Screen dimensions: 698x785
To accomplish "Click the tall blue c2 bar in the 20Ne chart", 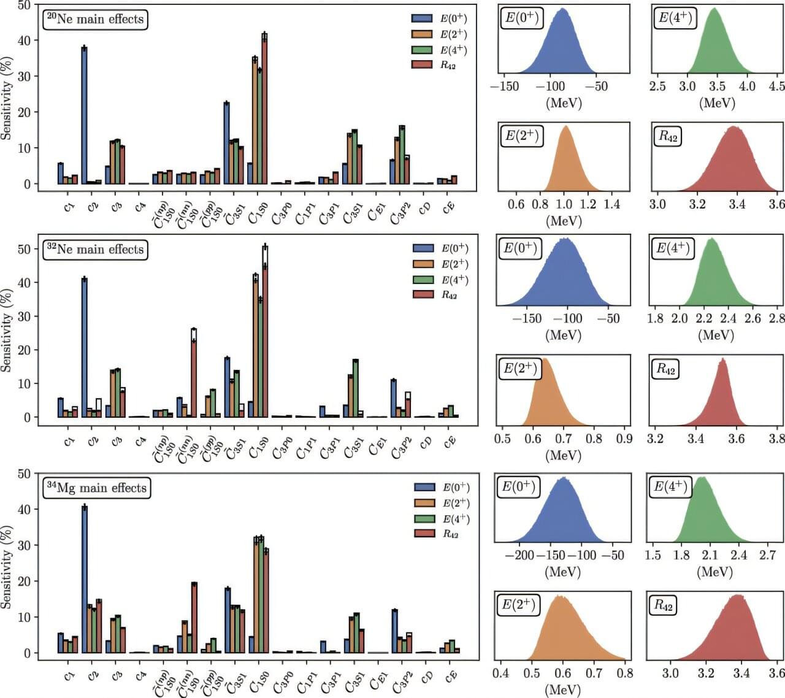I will point(84,115).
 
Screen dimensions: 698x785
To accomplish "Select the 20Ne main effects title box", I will point(95,19).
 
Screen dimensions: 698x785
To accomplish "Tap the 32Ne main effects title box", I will point(95,250).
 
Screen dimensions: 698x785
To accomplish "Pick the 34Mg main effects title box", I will point(97,488).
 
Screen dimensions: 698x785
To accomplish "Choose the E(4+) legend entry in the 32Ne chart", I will point(441,280).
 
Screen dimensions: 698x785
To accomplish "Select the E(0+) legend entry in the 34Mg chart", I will point(442,488).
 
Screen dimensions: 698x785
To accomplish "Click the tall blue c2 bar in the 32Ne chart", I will point(85,347).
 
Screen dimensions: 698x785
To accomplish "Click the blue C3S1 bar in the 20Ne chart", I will point(226,143).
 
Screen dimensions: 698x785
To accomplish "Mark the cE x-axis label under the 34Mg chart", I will point(450,676).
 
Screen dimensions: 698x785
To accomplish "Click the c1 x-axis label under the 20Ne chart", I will point(69,207).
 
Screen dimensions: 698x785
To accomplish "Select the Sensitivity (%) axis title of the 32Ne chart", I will point(7,330).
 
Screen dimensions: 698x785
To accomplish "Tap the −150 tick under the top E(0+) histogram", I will point(504,86).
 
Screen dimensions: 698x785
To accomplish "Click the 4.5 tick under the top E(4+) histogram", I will point(776,86).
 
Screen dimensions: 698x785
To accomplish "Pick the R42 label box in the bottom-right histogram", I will point(663,606).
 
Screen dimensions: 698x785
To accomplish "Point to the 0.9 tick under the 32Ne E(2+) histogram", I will point(624,439).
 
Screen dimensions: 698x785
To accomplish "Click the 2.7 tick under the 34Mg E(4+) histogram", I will point(767,555).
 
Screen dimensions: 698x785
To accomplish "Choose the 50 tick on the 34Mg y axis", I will point(23,474).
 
